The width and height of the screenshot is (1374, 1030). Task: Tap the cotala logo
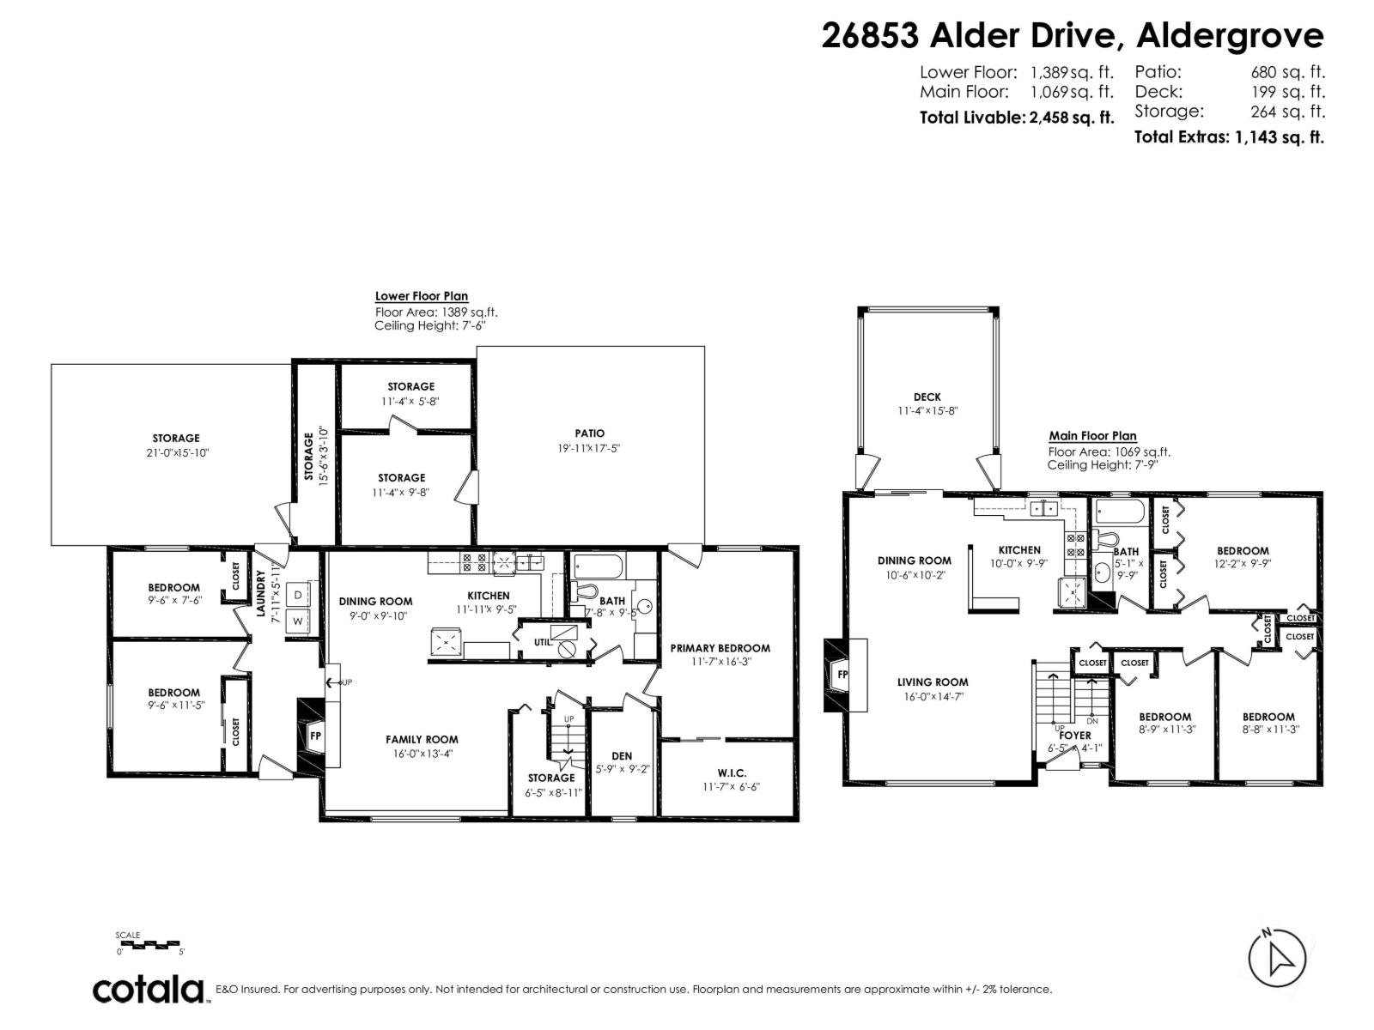coord(149,990)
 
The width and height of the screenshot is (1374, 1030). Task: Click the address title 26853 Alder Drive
coord(1072,36)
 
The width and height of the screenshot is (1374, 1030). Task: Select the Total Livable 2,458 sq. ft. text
coord(1016,118)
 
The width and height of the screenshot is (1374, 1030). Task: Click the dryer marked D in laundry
coord(298,594)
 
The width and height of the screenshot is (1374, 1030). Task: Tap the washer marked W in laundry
coord(298,621)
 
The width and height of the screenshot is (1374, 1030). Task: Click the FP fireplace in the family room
coord(314,736)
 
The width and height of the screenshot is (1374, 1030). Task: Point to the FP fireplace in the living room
coord(842,675)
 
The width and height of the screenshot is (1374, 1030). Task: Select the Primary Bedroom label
coord(720,648)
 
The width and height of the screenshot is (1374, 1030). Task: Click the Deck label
coord(927,397)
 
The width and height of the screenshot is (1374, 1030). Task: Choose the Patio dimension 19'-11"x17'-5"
coord(589,447)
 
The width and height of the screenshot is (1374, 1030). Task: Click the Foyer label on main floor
coord(1074,736)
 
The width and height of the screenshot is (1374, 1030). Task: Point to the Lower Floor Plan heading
coord(421,296)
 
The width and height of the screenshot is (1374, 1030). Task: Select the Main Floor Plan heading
coord(1092,436)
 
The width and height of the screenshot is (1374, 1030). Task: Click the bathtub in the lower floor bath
coord(599,566)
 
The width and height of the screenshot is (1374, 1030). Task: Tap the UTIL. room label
coord(543,641)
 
